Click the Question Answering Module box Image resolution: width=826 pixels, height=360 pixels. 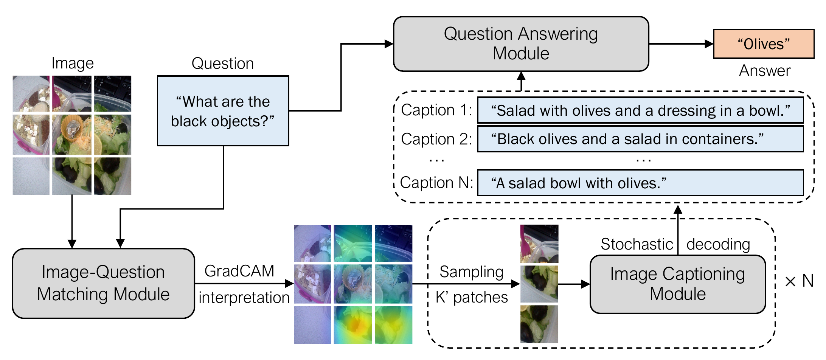pyautogui.click(x=521, y=44)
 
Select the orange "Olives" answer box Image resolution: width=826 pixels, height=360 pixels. pyautogui.click(x=763, y=44)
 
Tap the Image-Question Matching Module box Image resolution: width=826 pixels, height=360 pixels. pyautogui.click(x=103, y=283)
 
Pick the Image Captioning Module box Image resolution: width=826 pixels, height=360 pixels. pyautogui.click(x=677, y=284)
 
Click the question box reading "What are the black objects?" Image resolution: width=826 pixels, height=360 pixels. pyautogui.click(x=223, y=111)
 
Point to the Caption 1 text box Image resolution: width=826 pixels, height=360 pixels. pyautogui.click(x=640, y=110)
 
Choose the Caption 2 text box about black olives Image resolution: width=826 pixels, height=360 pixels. pyautogui.click(x=640, y=139)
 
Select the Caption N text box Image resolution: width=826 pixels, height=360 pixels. pyautogui.click(x=640, y=183)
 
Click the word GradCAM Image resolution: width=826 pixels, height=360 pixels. pyautogui.click(x=239, y=271)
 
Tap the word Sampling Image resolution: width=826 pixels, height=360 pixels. pyautogui.click(x=471, y=272)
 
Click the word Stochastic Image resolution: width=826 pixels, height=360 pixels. pyautogui.click(x=637, y=244)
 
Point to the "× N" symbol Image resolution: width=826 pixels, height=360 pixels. pyautogui.click(x=799, y=281)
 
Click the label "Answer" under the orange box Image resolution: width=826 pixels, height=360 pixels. pyautogui.click(x=764, y=71)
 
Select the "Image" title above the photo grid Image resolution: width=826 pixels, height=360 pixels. pyautogui.click(x=72, y=63)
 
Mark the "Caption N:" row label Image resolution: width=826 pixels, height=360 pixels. pyautogui.click(x=436, y=183)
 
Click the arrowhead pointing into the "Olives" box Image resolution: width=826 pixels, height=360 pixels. pyautogui.click(x=709, y=44)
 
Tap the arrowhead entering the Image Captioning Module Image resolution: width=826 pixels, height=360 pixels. pyautogui.click(x=585, y=284)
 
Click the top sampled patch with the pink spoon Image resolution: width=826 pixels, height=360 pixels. pyautogui.click(x=539, y=244)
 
